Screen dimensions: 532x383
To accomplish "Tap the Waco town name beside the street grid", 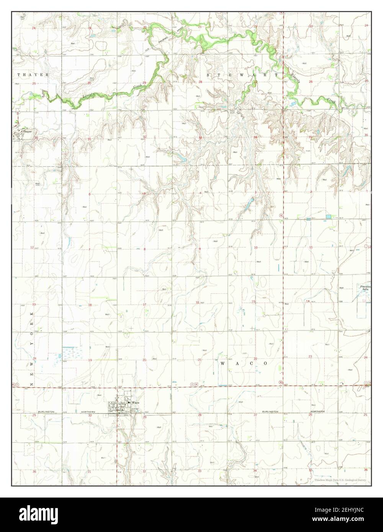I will coord(136,403).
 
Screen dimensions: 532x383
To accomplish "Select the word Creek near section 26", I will coord(332,100).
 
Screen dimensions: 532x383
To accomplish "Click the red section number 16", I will coord(197,302).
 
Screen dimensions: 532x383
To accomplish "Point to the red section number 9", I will coord(200,249).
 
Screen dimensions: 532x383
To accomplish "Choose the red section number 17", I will coord(144,305).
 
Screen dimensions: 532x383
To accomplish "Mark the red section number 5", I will coord(144,194).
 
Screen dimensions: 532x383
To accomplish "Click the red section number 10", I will coord(255,248).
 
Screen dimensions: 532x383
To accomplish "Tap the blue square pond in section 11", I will coord(328,217).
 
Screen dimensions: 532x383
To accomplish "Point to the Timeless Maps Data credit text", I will coord(340,480).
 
